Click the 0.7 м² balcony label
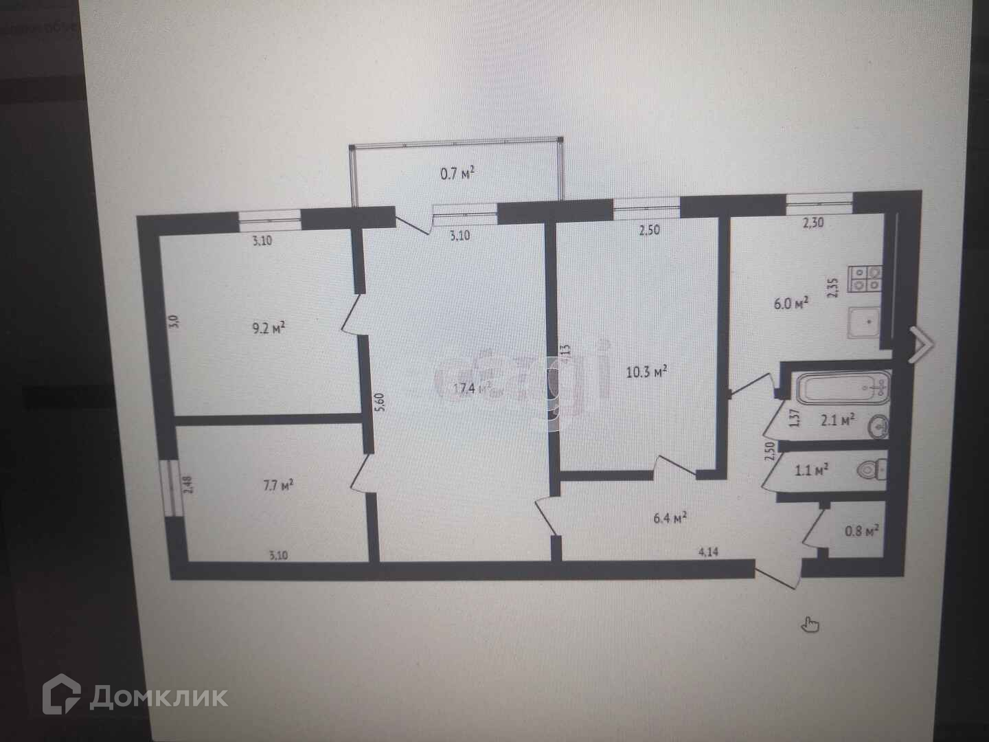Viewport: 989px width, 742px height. coord(457,174)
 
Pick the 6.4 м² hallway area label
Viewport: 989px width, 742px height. coord(671,519)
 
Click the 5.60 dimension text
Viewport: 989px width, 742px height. coord(382,400)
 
